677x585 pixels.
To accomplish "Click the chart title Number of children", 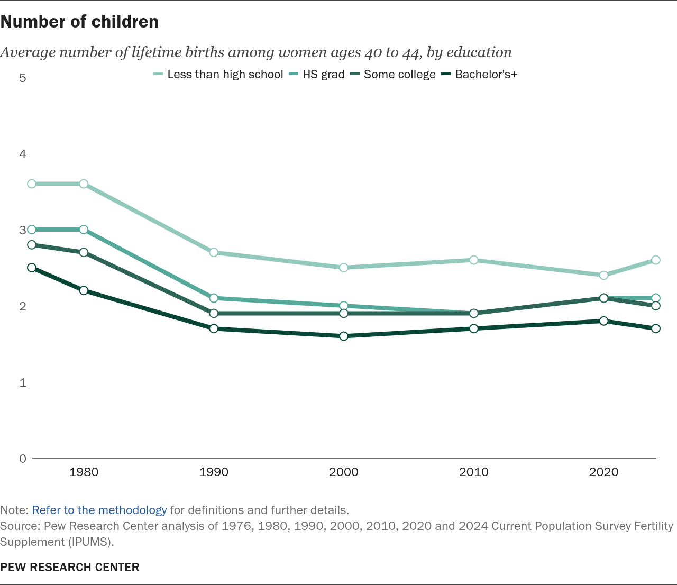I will pos(79,22).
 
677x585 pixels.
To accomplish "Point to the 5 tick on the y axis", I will pos(23,78).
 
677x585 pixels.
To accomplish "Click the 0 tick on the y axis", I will pos(23,459).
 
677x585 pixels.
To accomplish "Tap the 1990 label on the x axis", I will pos(214,472).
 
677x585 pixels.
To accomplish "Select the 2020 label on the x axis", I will pos(603,472).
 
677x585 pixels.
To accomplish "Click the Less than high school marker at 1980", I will pos(84,184).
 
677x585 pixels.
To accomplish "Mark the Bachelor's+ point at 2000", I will pos(344,336).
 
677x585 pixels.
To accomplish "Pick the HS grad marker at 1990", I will pos(214,298).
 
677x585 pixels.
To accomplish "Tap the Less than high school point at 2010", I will pos(474,260).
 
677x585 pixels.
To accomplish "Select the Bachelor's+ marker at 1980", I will pos(84,290).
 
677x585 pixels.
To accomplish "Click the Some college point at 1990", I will pos(214,313).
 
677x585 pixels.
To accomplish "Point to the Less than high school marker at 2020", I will pos(603,275).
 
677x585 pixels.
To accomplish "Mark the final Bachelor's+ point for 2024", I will pos(656,328).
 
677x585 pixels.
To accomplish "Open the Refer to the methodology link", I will pos(99,510).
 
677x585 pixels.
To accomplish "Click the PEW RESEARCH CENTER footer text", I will pos(70,568).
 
